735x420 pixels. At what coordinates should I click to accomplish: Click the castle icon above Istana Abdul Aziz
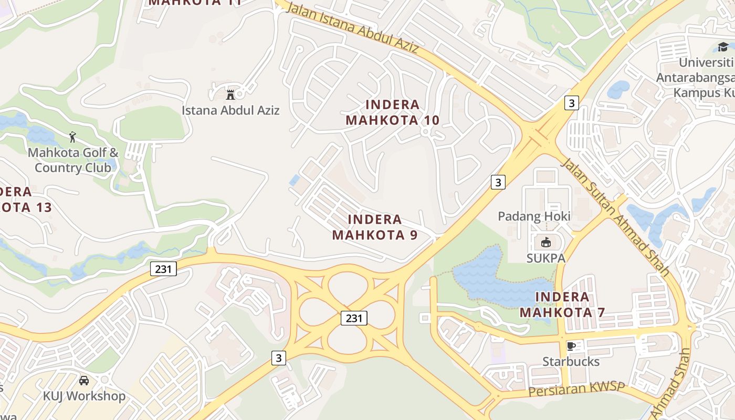coord(230,95)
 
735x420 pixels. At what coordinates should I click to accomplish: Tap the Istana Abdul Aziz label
coord(230,110)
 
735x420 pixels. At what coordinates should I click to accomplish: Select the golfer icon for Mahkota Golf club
coord(72,138)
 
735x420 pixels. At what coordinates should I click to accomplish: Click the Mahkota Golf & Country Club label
coord(73,160)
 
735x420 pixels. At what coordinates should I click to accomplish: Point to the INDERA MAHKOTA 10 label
coord(393,112)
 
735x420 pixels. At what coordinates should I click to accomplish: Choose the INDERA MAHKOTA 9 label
coord(375,227)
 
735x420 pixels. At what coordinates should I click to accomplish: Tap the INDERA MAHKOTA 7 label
coord(562,304)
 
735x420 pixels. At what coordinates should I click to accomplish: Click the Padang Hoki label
coord(534,216)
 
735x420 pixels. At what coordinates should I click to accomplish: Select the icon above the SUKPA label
coord(545,242)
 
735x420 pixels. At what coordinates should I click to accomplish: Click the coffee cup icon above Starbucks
coord(571,346)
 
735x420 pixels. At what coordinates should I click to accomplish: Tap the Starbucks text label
coord(571,362)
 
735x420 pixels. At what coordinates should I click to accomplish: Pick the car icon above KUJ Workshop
coord(84,381)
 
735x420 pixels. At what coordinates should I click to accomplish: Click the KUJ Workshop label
coord(84,396)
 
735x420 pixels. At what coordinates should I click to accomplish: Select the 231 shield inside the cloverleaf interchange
coord(354,318)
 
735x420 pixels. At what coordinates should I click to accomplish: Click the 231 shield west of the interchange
coord(163,269)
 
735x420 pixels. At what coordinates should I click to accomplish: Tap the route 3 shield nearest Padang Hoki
coord(498,182)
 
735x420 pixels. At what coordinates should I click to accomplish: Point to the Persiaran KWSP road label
coord(577,390)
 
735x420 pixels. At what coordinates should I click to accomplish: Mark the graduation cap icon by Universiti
coord(723,47)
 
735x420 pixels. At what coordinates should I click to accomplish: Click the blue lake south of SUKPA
coord(483,278)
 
